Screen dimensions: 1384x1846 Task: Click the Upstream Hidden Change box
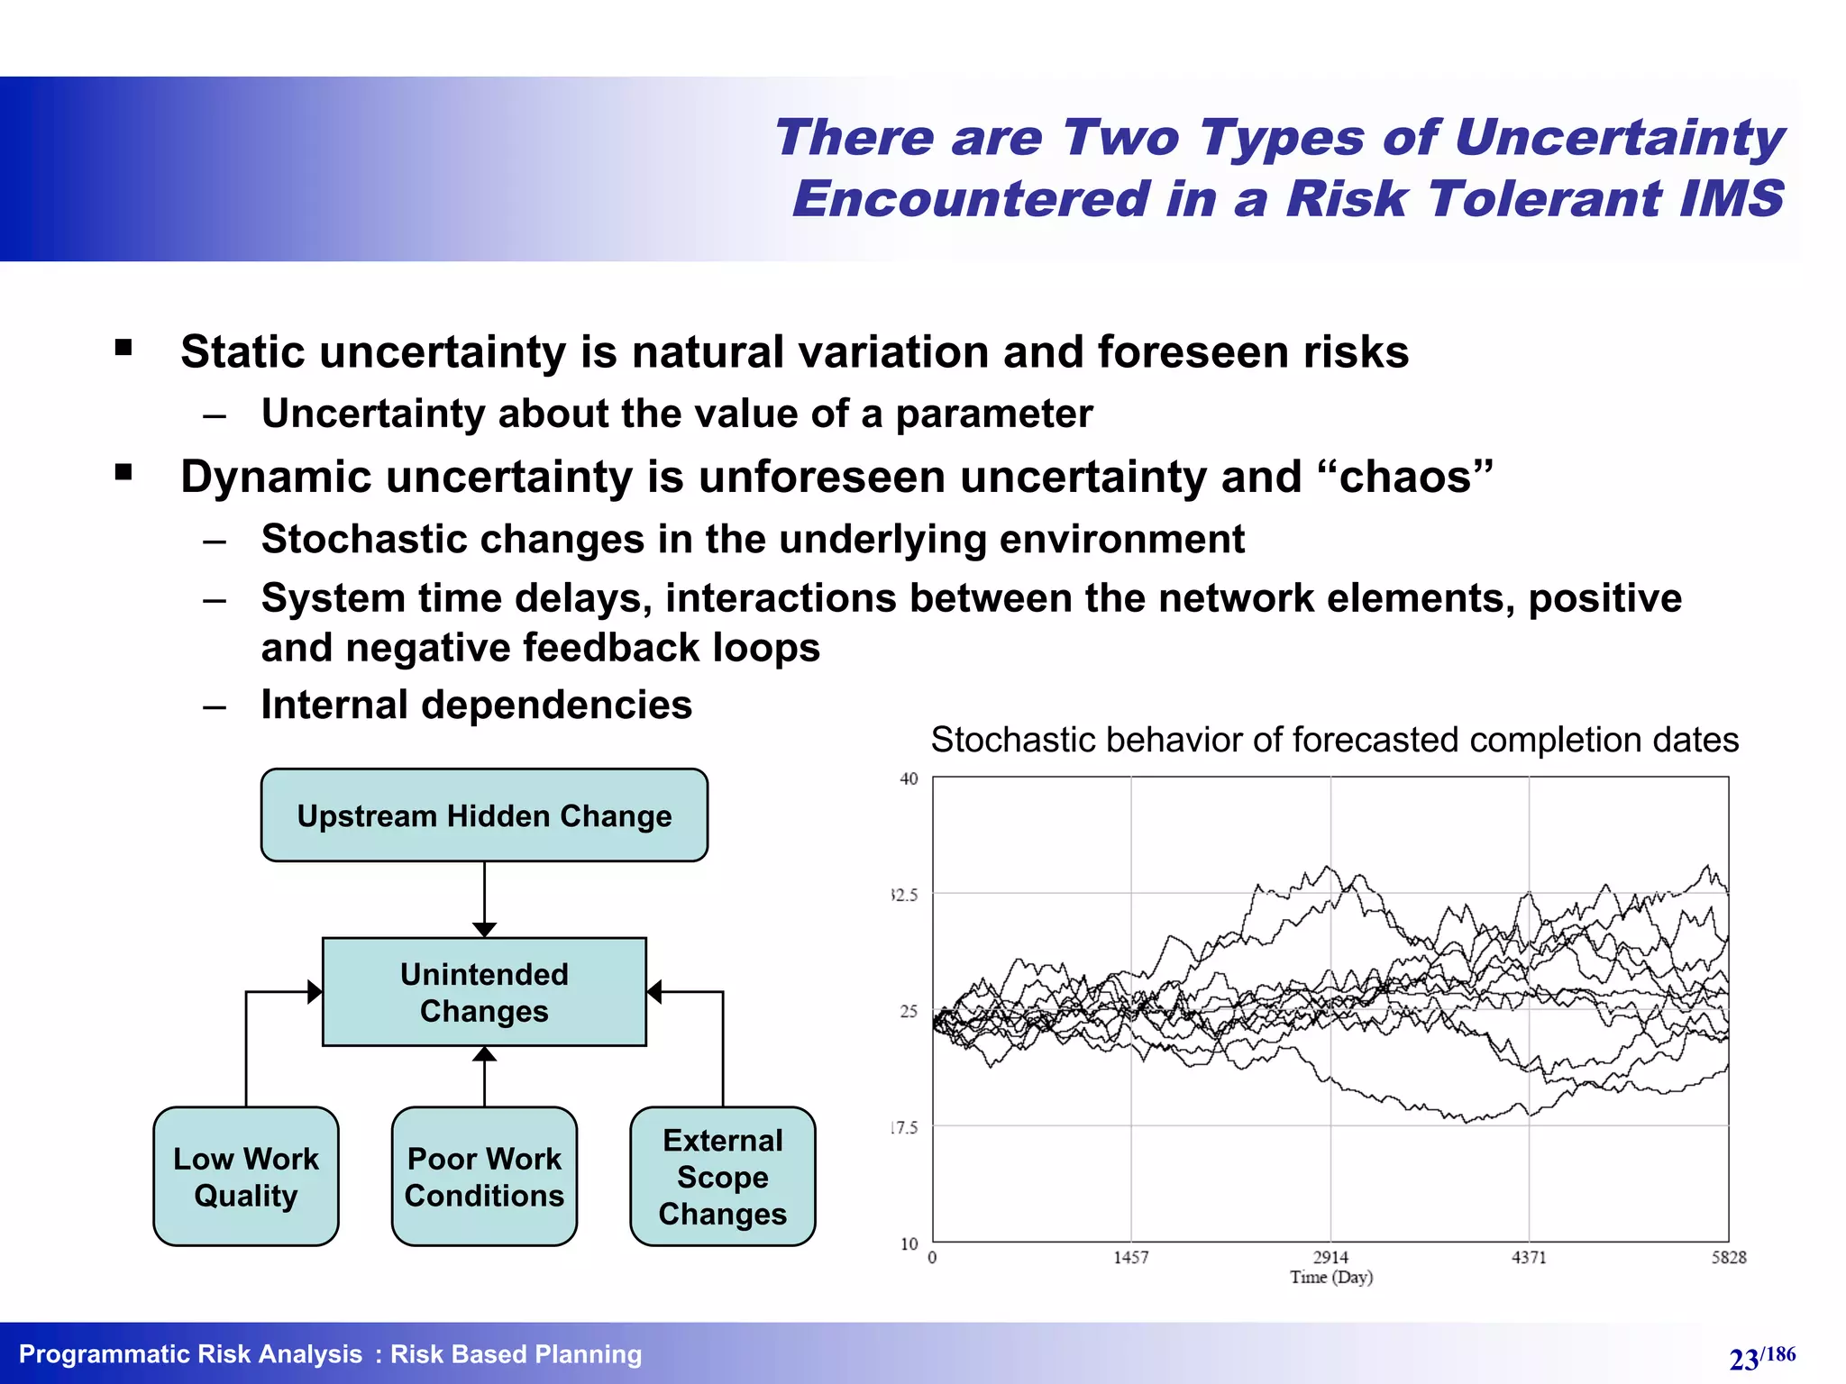(484, 815)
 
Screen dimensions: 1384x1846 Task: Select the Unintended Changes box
(484, 992)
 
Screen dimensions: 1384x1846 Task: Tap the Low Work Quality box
(246, 1177)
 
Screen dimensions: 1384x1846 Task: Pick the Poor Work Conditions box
(484, 1177)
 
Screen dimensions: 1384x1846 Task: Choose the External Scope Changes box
(722, 1177)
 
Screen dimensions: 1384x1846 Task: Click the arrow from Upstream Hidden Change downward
(484, 897)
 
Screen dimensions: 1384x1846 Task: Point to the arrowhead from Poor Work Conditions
(484, 1054)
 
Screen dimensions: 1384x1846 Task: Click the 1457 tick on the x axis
(1131, 1257)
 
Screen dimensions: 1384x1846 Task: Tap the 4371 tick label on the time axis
(1529, 1257)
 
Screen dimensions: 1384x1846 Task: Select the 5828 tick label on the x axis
(1729, 1257)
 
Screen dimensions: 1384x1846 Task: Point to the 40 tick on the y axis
(909, 779)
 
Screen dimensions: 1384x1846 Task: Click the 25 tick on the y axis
(909, 1011)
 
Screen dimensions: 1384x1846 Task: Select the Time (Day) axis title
(1330, 1277)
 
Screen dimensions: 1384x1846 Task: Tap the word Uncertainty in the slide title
(1619, 137)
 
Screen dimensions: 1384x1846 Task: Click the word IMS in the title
(1731, 198)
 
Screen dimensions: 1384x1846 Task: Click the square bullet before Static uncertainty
(123, 348)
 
